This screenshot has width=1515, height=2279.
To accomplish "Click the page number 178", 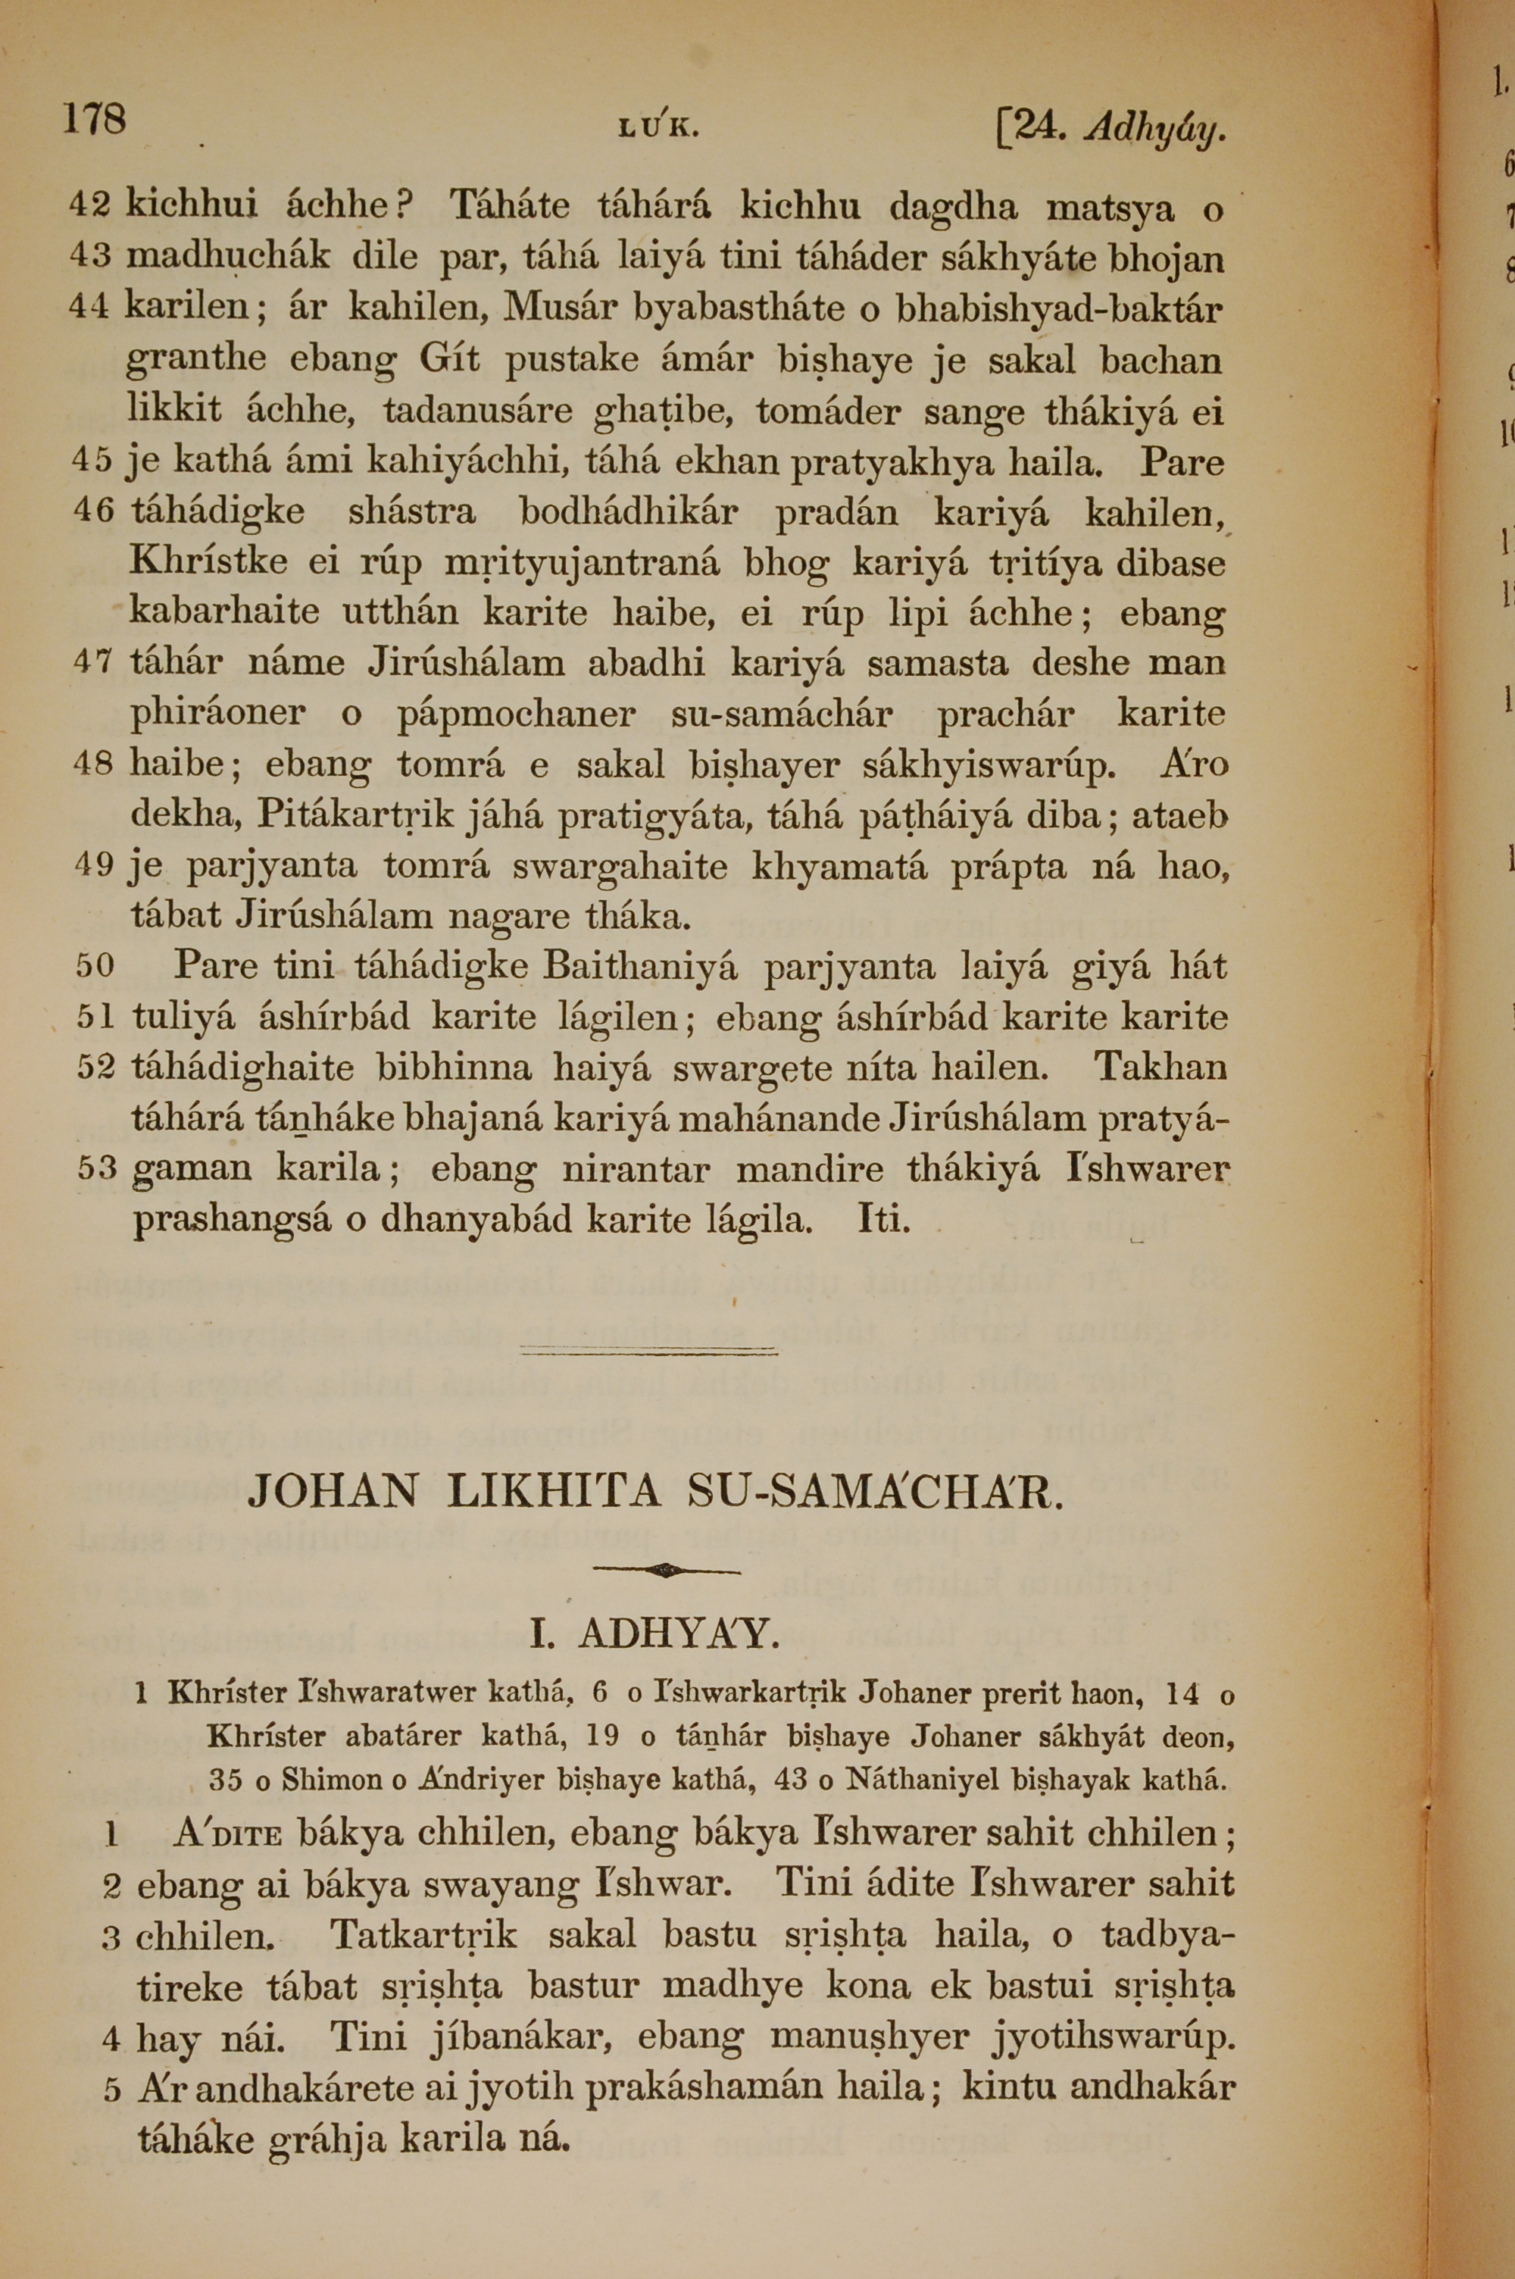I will click(94, 120).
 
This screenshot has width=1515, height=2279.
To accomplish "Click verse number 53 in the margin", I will click(97, 1170).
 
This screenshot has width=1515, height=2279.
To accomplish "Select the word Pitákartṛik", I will click(354, 816).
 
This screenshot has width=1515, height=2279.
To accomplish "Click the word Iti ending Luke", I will click(884, 1220).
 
